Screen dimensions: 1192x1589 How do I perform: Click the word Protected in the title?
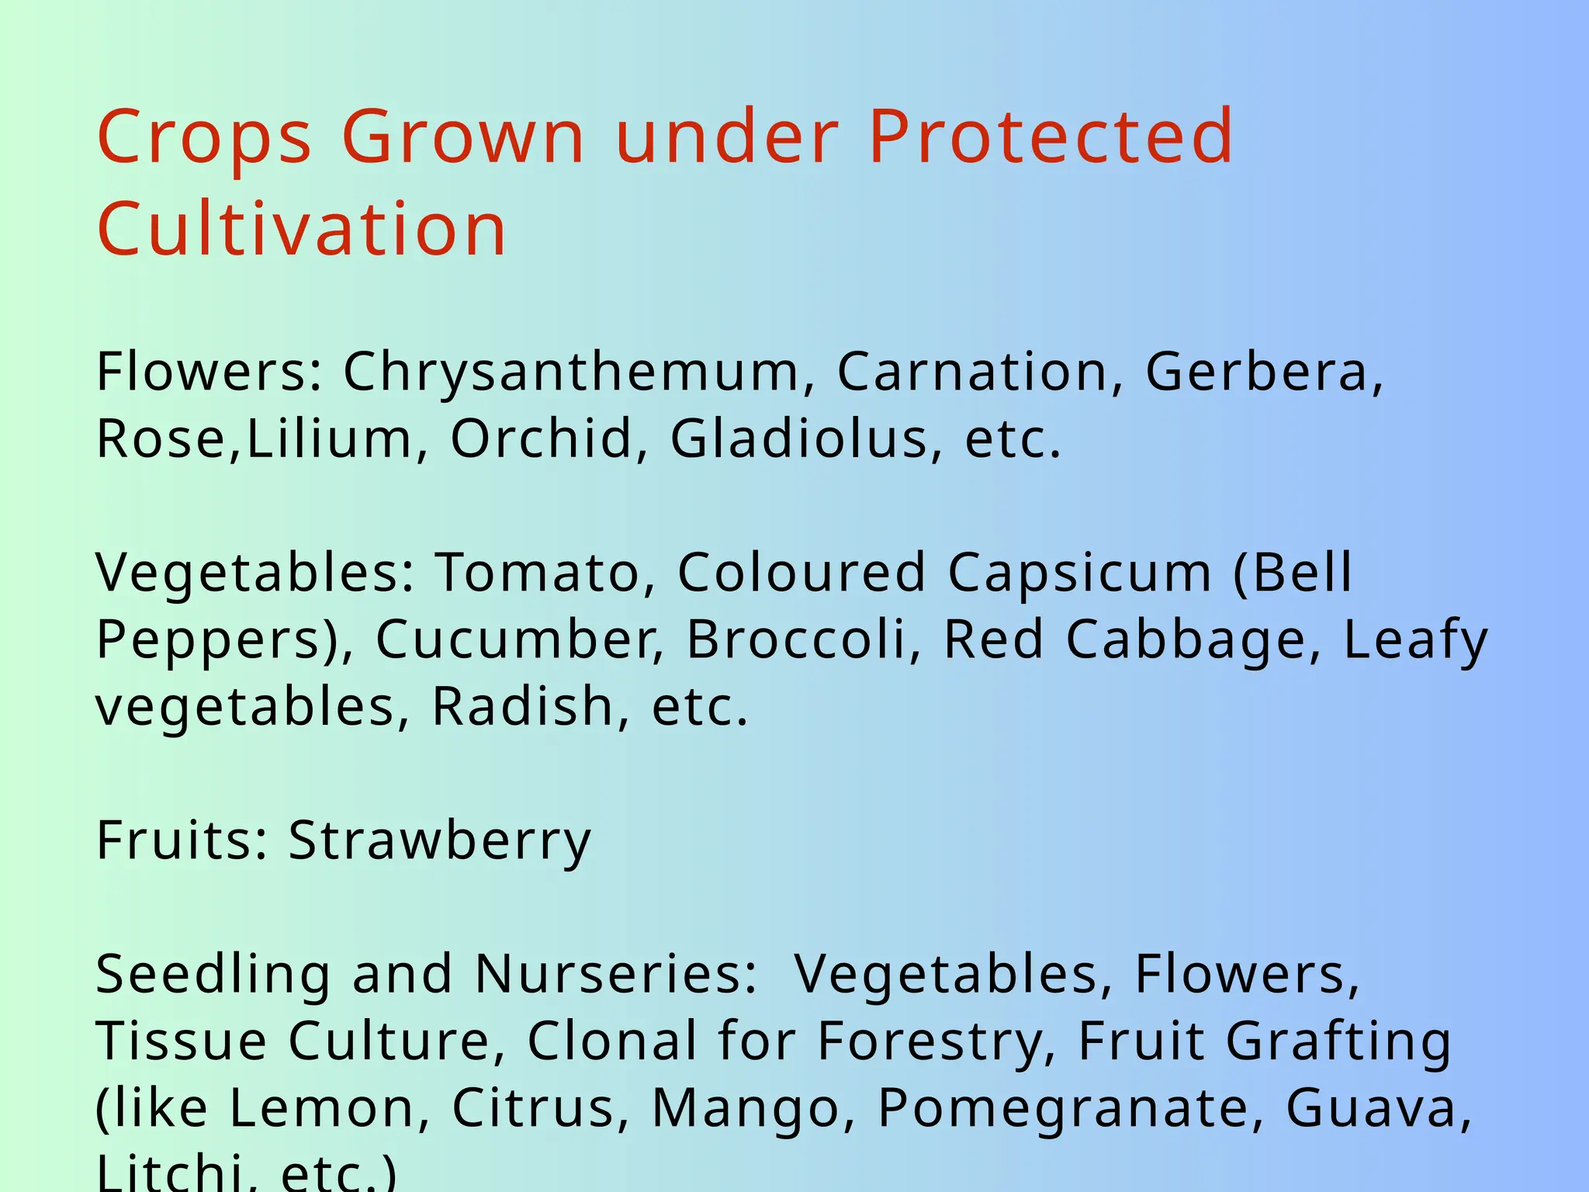(x=1051, y=137)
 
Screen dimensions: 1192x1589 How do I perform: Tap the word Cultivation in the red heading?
(x=302, y=229)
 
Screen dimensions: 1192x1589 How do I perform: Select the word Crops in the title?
(x=204, y=137)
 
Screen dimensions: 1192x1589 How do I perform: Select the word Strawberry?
(x=440, y=842)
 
